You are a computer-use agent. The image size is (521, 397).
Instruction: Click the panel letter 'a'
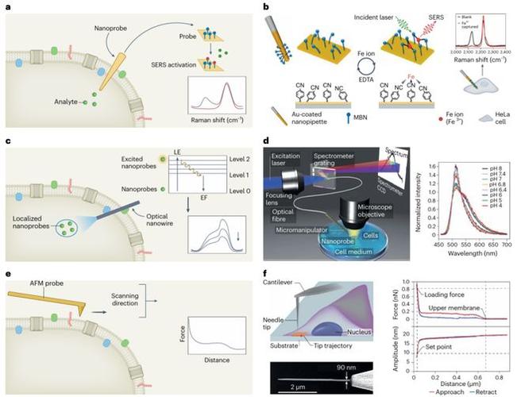coord(6,7)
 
